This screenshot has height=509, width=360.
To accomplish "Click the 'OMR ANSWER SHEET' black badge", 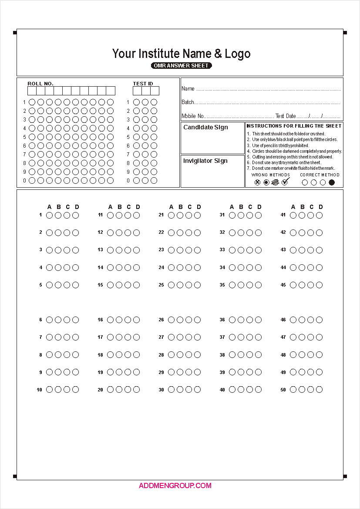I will [x=182, y=66].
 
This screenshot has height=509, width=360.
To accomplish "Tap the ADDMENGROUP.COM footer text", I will [x=175, y=485].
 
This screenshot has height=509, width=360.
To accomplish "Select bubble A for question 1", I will [x=49, y=215].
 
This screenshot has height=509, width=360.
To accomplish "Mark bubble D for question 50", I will [x=319, y=389].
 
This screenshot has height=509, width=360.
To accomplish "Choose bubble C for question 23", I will [x=188, y=250].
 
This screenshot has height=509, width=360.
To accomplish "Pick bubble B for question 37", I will [x=241, y=337].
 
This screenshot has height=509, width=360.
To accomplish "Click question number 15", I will [x=100, y=285].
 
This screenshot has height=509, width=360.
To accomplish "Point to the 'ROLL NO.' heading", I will [x=40, y=84].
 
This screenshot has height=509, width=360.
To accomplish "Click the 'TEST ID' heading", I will [x=143, y=84].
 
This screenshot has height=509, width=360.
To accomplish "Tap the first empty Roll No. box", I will [x=32, y=91].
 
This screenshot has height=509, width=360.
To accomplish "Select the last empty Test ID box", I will [x=155, y=91].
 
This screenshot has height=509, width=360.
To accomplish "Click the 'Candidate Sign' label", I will [x=205, y=128].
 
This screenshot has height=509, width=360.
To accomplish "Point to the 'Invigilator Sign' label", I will [x=205, y=161].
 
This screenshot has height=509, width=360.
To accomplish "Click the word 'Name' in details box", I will [x=188, y=89].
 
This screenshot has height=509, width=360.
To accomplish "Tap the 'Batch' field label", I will [x=188, y=102].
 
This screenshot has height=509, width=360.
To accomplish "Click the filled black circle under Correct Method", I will [x=332, y=182].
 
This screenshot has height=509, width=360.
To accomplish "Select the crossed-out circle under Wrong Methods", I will [x=257, y=182].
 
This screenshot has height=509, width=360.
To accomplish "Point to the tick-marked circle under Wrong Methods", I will [x=285, y=182].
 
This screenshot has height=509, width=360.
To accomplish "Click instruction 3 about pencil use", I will [x=280, y=145].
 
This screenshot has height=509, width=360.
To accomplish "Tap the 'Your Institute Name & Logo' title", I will [x=181, y=54].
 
